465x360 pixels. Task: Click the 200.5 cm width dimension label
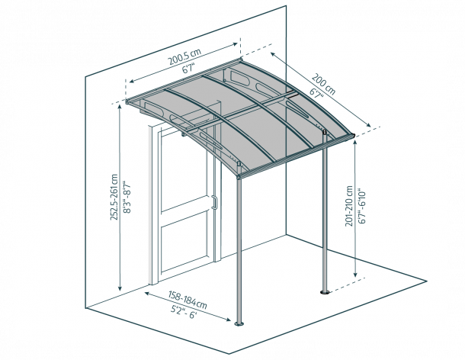(184, 56)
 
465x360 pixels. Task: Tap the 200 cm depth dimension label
(323, 85)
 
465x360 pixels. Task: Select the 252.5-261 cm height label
(114, 198)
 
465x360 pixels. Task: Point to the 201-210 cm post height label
(349, 206)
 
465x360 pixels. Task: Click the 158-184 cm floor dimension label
(188, 300)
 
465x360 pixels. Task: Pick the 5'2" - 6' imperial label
(184, 312)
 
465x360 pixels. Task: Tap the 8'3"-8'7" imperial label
(127, 197)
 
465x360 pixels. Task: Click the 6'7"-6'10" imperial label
(362, 206)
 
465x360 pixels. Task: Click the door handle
(215, 203)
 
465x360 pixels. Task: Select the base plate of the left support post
(239, 323)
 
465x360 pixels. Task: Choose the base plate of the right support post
(325, 292)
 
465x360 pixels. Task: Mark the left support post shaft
(239, 250)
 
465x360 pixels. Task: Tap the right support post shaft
(325, 212)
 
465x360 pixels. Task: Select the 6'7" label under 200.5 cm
(188, 69)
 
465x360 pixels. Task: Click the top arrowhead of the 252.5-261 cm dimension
(120, 107)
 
